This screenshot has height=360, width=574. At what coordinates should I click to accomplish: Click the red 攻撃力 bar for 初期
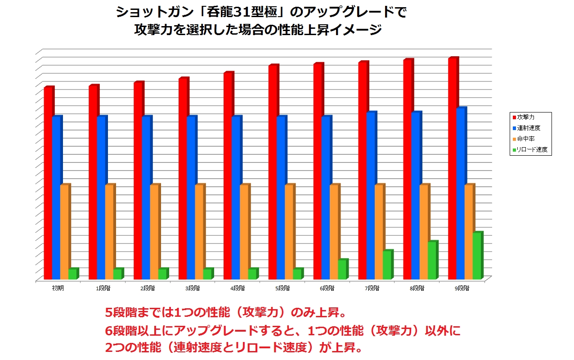[48, 182]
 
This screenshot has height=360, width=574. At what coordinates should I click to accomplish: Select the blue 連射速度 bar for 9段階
[460, 193]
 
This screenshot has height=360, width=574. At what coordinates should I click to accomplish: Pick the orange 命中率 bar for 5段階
[289, 232]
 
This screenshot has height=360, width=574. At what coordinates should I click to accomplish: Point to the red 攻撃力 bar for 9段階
[452, 169]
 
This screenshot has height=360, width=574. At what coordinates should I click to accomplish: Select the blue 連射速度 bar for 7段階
[371, 196]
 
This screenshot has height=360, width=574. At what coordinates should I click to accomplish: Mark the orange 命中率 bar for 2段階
[154, 232]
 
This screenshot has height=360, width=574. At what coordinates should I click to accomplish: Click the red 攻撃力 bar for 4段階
[228, 175]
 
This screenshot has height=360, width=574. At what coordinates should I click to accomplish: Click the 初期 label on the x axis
[58, 288]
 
